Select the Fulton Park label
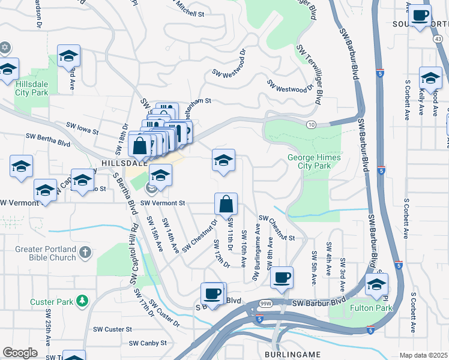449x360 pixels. click(x=375, y=308)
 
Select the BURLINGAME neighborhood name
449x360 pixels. click(x=292, y=355)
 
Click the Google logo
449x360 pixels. click(x=20, y=353)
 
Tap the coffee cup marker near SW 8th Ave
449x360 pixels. click(x=282, y=277)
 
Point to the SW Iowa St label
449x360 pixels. click(x=82, y=127)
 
